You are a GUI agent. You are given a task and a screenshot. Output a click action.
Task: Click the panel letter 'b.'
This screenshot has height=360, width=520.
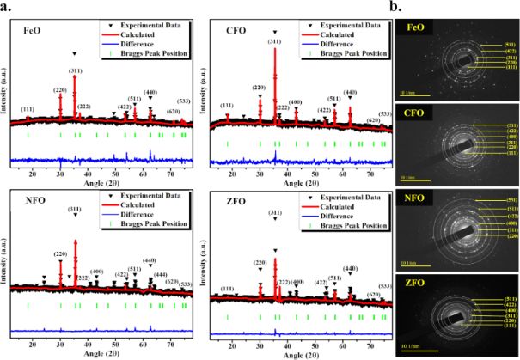(413, 6)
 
